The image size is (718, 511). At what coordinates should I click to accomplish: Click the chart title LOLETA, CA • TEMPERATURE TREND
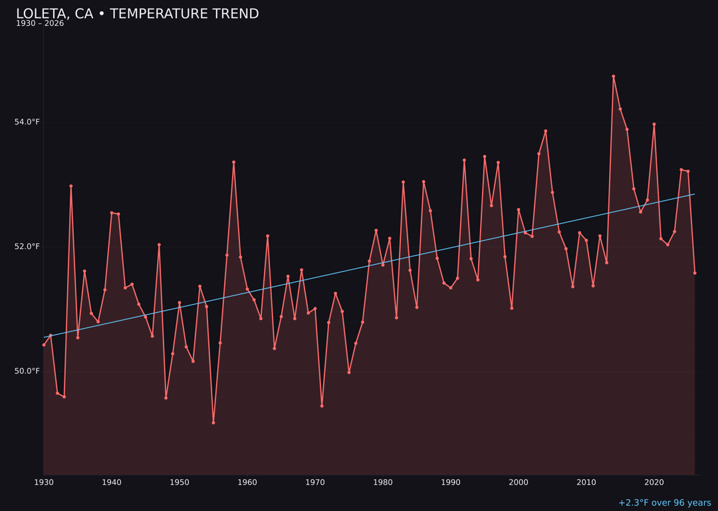coord(137,14)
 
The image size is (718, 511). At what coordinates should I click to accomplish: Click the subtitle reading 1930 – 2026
coord(40,24)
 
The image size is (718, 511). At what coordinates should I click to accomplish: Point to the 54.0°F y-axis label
coord(27,122)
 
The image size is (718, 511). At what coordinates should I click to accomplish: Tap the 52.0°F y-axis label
coord(27,247)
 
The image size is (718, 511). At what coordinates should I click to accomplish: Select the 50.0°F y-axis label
coord(27,371)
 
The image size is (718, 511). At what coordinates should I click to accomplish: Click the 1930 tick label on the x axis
coord(44,482)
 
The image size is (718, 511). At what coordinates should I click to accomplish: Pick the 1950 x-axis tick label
coord(179,482)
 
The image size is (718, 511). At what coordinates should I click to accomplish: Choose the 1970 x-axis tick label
coord(315,482)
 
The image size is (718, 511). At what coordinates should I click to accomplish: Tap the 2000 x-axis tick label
coord(519,482)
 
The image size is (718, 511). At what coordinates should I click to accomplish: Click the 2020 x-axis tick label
coord(654,482)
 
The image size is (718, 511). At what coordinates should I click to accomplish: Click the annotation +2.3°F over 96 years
coord(664,503)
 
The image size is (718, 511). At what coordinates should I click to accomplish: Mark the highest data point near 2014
coord(614,77)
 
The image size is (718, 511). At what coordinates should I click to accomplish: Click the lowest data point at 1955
coord(213,423)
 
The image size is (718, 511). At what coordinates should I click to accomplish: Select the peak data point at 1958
coord(234,162)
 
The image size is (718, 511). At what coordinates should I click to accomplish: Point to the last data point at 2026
coord(695,273)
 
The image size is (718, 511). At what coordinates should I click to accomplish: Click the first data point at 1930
coord(44,345)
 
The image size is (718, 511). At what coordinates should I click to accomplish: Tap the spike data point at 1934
coord(71,186)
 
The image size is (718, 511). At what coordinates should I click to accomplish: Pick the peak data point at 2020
coord(654,124)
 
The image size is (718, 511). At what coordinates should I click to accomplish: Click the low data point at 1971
coord(322,406)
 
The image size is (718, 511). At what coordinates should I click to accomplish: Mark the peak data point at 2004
coord(546,131)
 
